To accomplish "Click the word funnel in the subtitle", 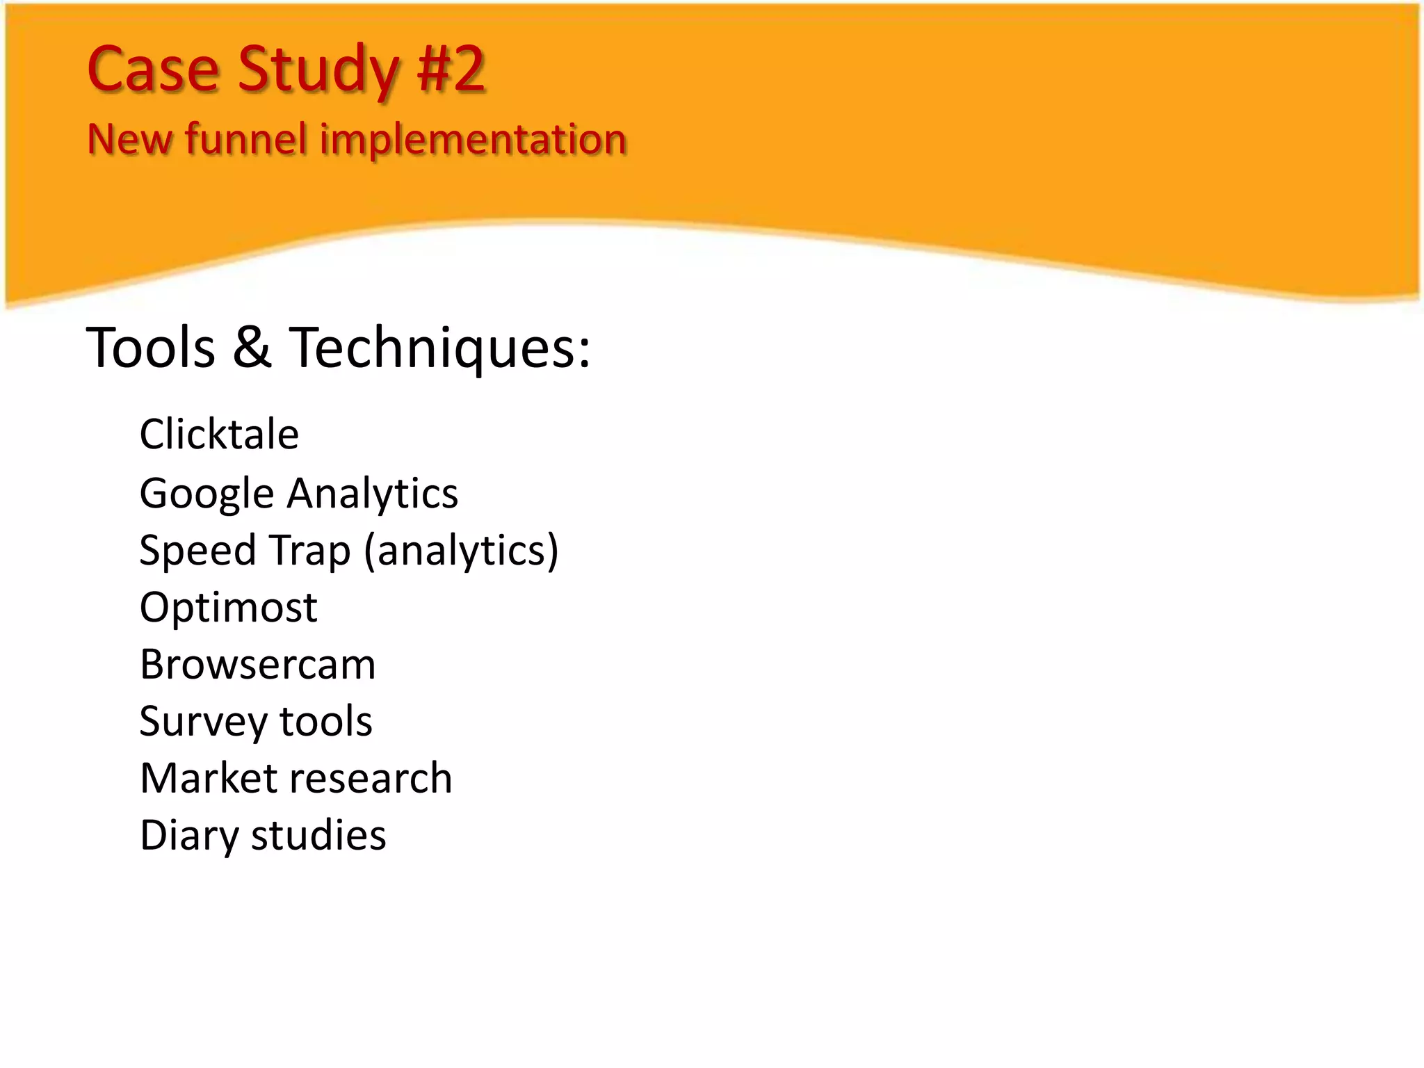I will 245,138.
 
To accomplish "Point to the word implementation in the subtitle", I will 474,140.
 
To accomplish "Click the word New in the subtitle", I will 129,138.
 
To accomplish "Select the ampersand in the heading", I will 252,347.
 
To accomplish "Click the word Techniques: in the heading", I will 439,348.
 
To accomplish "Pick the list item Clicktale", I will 219,435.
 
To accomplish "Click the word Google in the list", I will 207,494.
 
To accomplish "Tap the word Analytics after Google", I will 373,494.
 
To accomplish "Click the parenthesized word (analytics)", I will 461,551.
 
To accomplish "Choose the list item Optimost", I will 228,608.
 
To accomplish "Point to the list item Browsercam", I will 257,665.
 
